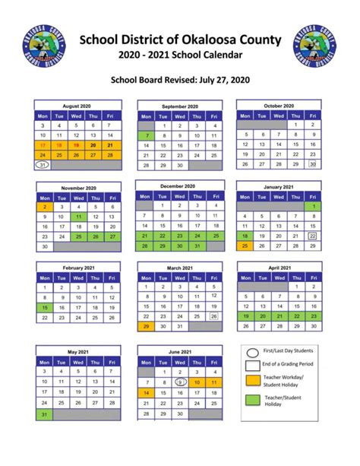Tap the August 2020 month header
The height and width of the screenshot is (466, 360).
[77, 106]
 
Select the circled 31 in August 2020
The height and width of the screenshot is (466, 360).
[43, 164]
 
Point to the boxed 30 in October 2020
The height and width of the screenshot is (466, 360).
[311, 163]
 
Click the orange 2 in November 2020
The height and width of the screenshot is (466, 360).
[43, 206]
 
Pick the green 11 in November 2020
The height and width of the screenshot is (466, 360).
[77, 216]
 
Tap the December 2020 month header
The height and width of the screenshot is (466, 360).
[179, 185]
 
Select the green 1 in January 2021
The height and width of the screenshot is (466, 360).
[312, 206]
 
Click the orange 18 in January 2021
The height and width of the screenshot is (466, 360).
[245, 236]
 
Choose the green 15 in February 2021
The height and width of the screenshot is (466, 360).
[43, 307]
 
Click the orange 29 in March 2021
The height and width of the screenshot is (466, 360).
[145, 326]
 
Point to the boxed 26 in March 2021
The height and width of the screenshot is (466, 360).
[213, 316]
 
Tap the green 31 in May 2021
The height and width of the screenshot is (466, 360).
[43, 414]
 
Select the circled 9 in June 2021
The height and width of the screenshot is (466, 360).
[179, 382]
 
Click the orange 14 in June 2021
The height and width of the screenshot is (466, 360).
[145, 393]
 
